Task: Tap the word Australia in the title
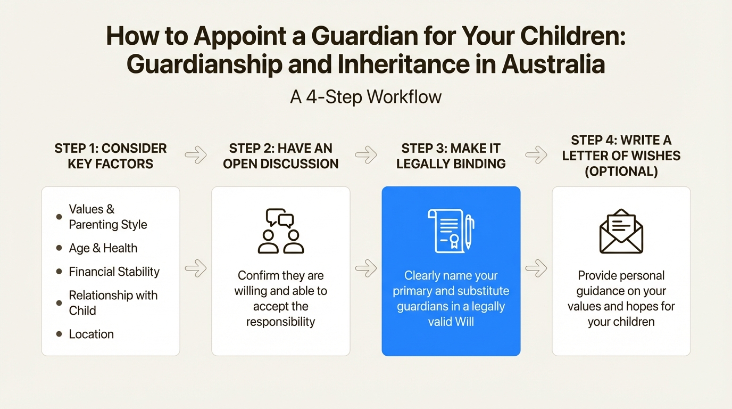pyautogui.click(x=553, y=64)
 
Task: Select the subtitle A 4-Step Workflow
pyautogui.click(x=365, y=97)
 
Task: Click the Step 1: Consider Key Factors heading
pyautogui.click(x=111, y=156)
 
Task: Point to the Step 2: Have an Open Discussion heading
pyautogui.click(x=281, y=156)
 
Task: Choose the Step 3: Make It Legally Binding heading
pyautogui.click(x=451, y=156)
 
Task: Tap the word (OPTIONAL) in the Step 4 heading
pyautogui.click(x=621, y=171)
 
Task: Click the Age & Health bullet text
pyautogui.click(x=103, y=248)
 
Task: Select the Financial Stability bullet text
pyautogui.click(x=114, y=272)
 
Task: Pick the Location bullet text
pyautogui.click(x=91, y=334)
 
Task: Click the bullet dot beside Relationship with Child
pyautogui.click(x=59, y=303)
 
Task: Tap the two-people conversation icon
pyautogui.click(x=281, y=231)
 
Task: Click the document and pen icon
pyautogui.click(x=451, y=231)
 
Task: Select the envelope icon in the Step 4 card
pyautogui.click(x=621, y=231)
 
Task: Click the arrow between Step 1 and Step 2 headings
pyautogui.click(x=196, y=155)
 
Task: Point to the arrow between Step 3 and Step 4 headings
pyautogui.click(x=536, y=155)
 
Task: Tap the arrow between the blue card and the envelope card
pyautogui.click(x=536, y=268)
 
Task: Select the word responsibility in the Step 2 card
pyautogui.click(x=281, y=322)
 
